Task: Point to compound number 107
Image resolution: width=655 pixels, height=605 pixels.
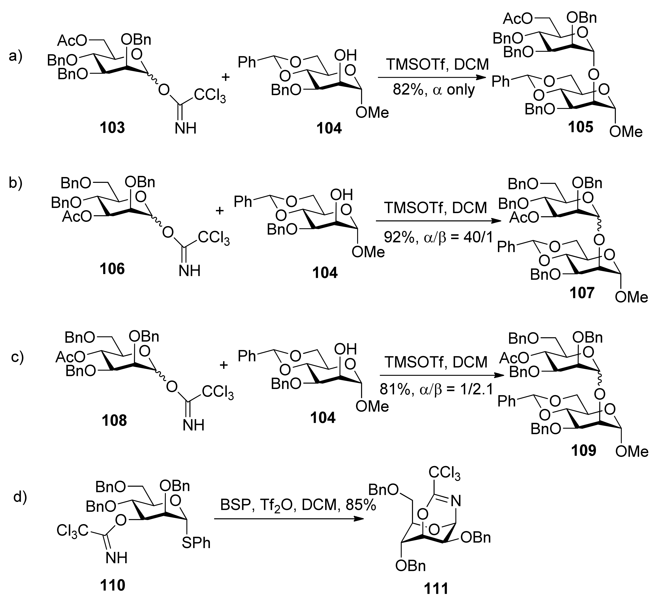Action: (581, 292)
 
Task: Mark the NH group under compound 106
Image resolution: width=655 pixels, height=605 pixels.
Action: (190, 271)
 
